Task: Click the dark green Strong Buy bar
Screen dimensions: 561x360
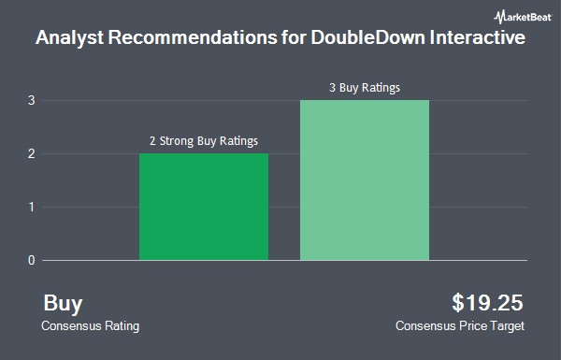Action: (x=204, y=207)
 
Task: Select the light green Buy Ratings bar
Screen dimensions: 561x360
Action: (x=365, y=180)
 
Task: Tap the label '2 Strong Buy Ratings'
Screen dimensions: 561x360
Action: (x=204, y=141)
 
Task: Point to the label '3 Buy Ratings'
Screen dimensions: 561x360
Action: (x=365, y=88)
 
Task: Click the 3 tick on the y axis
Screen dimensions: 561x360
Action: (x=32, y=101)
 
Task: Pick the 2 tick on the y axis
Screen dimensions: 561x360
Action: (x=32, y=154)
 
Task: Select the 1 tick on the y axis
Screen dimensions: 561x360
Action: (x=32, y=207)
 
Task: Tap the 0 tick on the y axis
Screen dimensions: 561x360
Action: (x=32, y=260)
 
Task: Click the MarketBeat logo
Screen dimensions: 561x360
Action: (x=523, y=17)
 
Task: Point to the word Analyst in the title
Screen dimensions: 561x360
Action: (x=70, y=38)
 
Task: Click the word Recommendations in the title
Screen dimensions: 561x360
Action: (x=193, y=37)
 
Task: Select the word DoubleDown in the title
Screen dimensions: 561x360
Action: (x=367, y=37)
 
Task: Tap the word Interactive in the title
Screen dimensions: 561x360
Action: (x=477, y=37)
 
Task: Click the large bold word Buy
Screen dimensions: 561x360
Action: (x=63, y=304)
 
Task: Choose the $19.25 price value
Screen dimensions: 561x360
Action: (x=487, y=302)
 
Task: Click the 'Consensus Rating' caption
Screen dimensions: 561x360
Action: (x=90, y=326)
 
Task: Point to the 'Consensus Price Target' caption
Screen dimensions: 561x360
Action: (x=460, y=326)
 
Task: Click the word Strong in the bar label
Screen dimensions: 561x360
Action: (x=177, y=141)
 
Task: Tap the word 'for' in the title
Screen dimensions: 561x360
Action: (x=294, y=37)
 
